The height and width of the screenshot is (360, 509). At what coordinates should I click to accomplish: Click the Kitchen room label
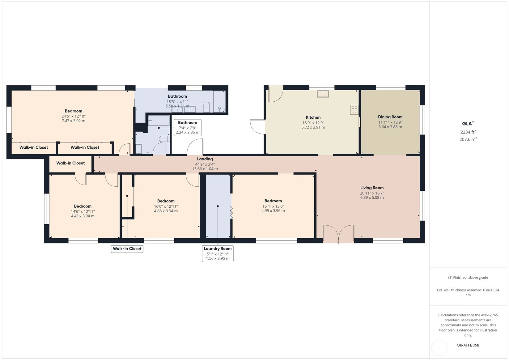(313, 117)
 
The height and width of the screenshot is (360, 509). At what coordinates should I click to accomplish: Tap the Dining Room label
(390, 117)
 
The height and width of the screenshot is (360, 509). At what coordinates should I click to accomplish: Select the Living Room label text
(372, 188)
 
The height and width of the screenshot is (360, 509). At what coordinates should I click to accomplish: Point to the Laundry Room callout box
(218, 253)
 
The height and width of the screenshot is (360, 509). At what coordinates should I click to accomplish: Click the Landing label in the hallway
(205, 159)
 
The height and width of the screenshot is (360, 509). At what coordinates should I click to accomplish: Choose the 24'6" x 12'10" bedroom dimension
(73, 116)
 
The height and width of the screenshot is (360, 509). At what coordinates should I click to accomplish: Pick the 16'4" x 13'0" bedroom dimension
(273, 206)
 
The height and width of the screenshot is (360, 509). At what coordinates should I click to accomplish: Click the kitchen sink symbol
(323, 94)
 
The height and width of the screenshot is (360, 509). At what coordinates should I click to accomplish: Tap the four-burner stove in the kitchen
(354, 110)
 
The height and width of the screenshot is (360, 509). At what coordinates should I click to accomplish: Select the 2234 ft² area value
(468, 132)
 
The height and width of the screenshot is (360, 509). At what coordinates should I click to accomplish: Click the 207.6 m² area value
(468, 139)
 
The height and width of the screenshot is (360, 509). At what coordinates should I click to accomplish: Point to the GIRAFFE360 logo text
(468, 345)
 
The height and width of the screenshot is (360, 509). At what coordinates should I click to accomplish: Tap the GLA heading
(468, 123)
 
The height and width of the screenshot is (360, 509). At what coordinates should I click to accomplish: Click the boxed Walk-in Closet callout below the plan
(127, 249)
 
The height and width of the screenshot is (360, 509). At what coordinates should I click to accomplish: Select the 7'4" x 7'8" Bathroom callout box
(188, 128)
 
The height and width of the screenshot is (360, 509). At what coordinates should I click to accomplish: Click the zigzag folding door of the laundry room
(231, 213)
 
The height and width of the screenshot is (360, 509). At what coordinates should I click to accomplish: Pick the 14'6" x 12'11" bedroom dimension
(83, 211)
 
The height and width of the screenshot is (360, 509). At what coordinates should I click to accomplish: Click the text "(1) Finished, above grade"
(468, 277)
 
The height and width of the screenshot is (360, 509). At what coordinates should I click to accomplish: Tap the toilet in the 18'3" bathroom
(206, 107)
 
